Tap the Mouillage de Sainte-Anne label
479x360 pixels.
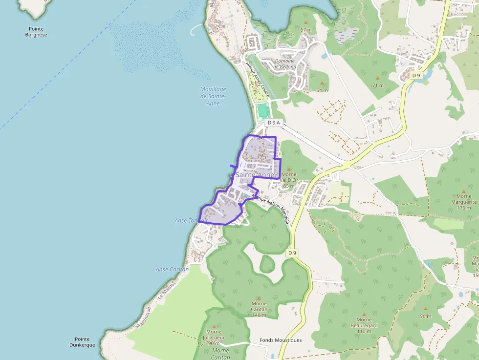[x=213, y=96]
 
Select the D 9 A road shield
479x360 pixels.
[x=274, y=123]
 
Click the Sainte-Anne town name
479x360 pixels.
[x=256, y=175]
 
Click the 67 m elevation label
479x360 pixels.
[x=306, y=30]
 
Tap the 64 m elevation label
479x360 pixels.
[x=322, y=90]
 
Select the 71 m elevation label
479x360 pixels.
[x=378, y=85]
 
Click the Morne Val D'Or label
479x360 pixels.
[x=289, y=177]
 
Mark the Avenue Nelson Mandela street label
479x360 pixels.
[x=270, y=209]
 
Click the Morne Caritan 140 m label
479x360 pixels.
[x=259, y=309]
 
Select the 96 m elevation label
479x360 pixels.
[x=425, y=316]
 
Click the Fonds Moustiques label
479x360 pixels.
[x=281, y=340]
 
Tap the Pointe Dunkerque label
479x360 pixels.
[x=82, y=342]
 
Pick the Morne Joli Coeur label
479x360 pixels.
[x=214, y=335]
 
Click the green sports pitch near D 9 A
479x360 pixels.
[x=263, y=110]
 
